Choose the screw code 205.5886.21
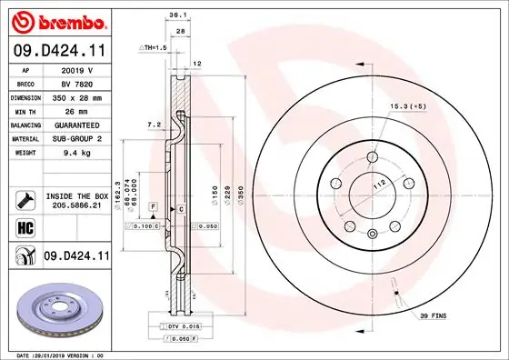coord(76,207)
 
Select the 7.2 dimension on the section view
coord(154,124)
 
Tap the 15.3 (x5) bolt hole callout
coord(408,107)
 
